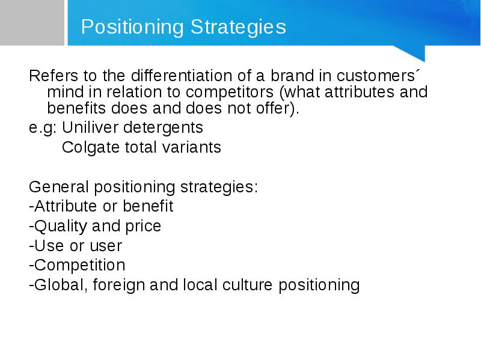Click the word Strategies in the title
pyautogui.click(x=238, y=27)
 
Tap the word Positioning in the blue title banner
pyautogui.click(x=132, y=27)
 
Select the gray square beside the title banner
pyautogui.click(x=32, y=23)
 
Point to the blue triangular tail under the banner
pyautogui.click(x=412, y=52)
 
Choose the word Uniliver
pyautogui.click(x=90, y=127)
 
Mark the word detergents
pyautogui.click(x=163, y=128)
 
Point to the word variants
pyautogui.click(x=191, y=147)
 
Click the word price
pyautogui.click(x=143, y=227)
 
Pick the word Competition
pyautogui.click(x=80, y=265)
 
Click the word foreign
pyautogui.click(x=118, y=285)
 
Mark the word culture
pyautogui.click(x=247, y=285)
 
